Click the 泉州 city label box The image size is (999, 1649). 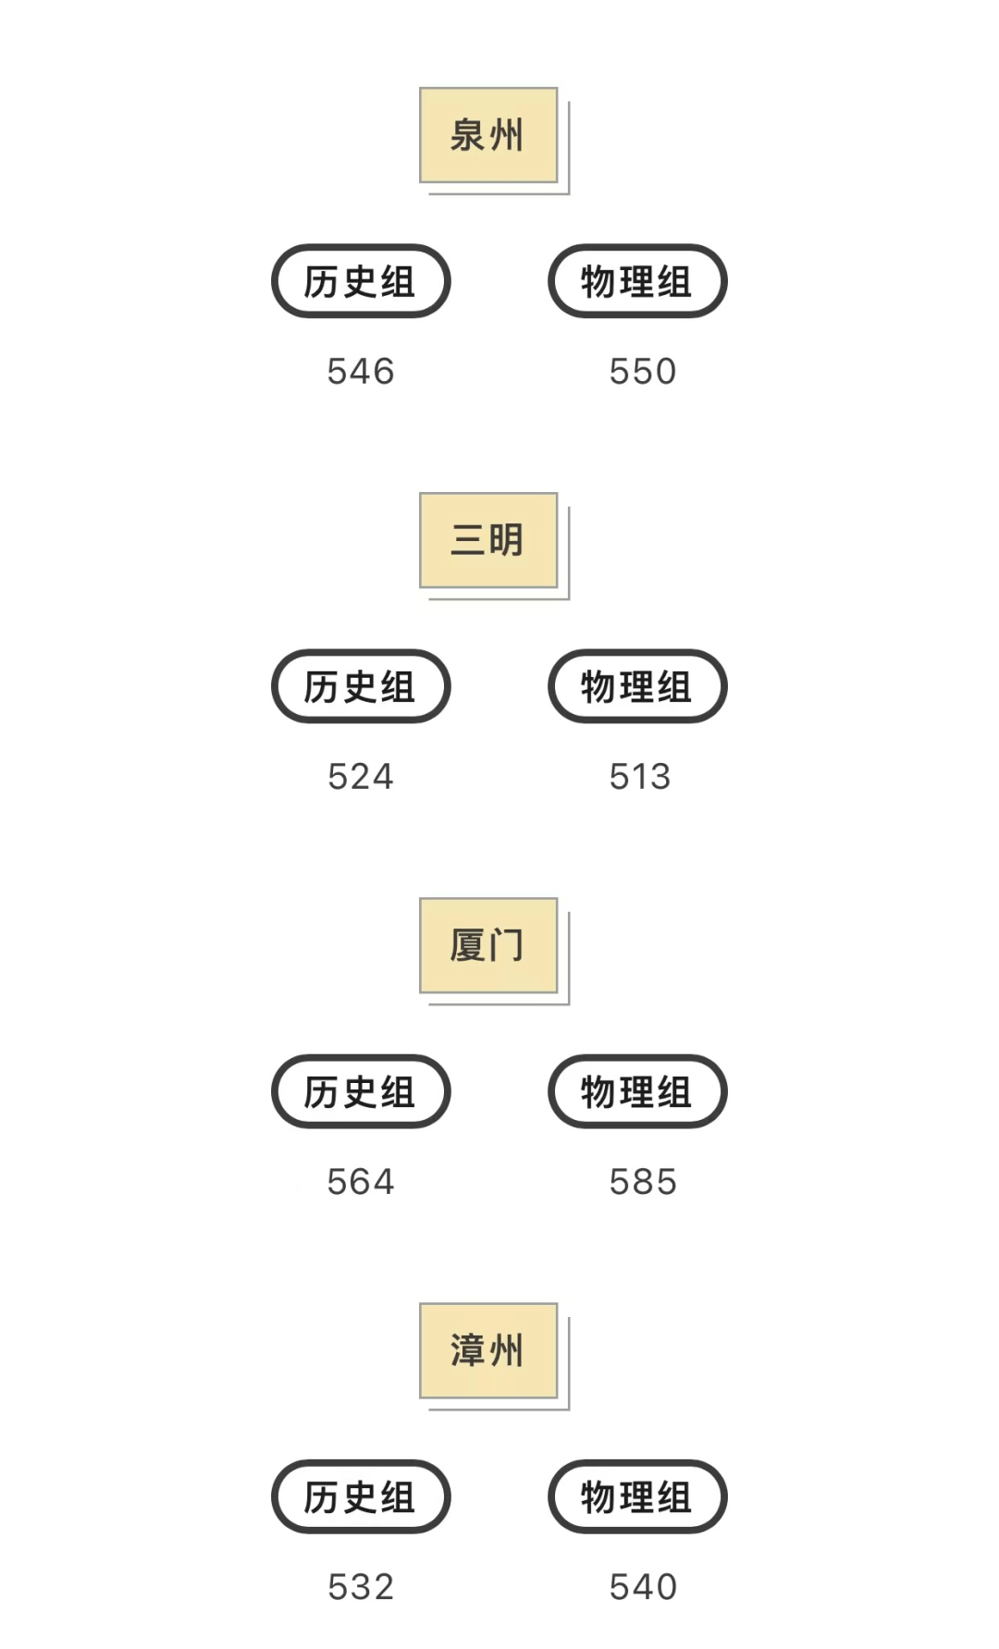pyautogui.click(x=488, y=135)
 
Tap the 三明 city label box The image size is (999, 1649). pyautogui.click(x=488, y=540)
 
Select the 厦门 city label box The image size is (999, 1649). pyautogui.click(x=488, y=945)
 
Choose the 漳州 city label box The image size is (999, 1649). pyautogui.click(x=488, y=1350)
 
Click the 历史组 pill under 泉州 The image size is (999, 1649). pyautogui.click(x=361, y=281)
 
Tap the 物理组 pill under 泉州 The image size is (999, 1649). pyautogui.click(x=637, y=281)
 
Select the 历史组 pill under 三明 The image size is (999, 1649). pyautogui.click(x=361, y=686)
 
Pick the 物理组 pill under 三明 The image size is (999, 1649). pyautogui.click(x=637, y=686)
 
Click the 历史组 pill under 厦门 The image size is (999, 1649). pyautogui.click(x=361, y=1091)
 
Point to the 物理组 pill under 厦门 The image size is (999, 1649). pyautogui.click(x=637, y=1091)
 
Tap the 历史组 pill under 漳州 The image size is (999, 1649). pyautogui.click(x=361, y=1496)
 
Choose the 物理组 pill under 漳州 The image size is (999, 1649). pyautogui.click(x=637, y=1496)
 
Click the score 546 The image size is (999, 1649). pyautogui.click(x=361, y=372)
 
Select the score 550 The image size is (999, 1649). pyautogui.click(x=643, y=372)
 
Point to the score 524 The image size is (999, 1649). pyautogui.click(x=361, y=777)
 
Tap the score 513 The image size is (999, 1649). pyautogui.click(x=640, y=777)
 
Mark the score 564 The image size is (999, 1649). pyautogui.click(x=361, y=1182)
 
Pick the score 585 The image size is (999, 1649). pyautogui.click(x=643, y=1182)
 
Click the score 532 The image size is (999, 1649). pyautogui.click(x=361, y=1587)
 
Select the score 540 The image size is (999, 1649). pyautogui.click(x=643, y=1587)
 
